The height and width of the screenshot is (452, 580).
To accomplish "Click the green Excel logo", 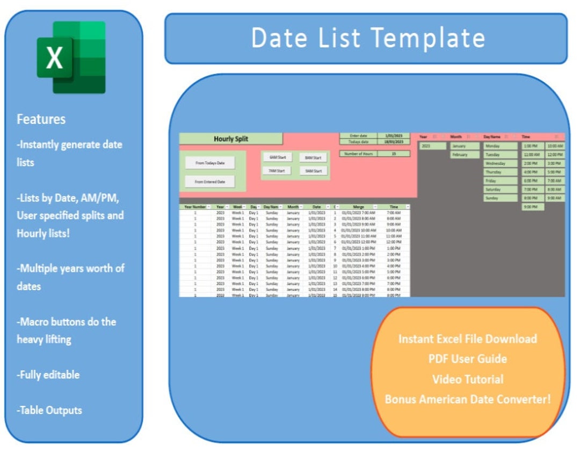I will pyautogui.click(x=71, y=57).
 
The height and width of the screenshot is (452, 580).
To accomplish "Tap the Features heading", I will pyautogui.click(x=41, y=119).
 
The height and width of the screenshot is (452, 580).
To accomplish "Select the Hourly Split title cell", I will pyautogui.click(x=231, y=139).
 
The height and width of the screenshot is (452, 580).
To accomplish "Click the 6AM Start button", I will pyautogui.click(x=277, y=157).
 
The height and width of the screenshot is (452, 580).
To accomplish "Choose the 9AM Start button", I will pyautogui.click(x=313, y=171).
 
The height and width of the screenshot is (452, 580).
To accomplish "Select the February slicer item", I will pyautogui.click(x=465, y=155).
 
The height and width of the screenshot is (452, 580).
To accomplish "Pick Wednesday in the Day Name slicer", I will pyautogui.click(x=500, y=163).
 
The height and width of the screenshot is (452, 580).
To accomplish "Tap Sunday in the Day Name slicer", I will pyautogui.click(x=500, y=198).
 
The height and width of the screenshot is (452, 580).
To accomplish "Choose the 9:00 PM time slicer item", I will pyautogui.click(x=532, y=207).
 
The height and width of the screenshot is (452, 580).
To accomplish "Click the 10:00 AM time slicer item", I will pyautogui.click(x=555, y=146).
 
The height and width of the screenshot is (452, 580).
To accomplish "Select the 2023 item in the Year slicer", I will pyautogui.click(x=433, y=146).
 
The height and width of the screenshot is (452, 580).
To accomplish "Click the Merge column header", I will pyautogui.click(x=358, y=207).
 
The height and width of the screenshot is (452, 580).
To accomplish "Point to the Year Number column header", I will pyautogui.click(x=195, y=207).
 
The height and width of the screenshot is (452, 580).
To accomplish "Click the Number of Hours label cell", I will pyautogui.click(x=358, y=154).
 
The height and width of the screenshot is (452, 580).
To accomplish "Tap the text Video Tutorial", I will pyautogui.click(x=468, y=379).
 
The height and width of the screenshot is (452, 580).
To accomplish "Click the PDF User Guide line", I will pyautogui.click(x=468, y=359).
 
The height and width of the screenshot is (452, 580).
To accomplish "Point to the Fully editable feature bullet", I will pyautogui.click(x=48, y=375).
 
